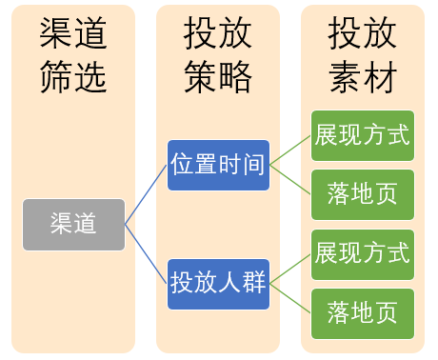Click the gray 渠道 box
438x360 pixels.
click(74, 225)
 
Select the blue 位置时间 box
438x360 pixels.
click(218, 165)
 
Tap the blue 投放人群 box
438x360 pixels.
click(218, 283)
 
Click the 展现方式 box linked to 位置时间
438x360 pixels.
click(363, 135)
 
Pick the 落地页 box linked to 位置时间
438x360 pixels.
click(363, 195)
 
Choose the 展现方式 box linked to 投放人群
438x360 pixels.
click(363, 254)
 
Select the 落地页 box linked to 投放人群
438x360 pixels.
click(363, 313)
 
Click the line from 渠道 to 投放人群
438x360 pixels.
click(147, 254)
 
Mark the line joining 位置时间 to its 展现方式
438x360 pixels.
click(290, 150)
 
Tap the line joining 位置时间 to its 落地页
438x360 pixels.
click(290, 180)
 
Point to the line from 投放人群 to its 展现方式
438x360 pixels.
click(290, 269)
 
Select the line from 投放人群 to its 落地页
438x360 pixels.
click(290, 298)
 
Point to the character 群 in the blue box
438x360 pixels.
click(253, 283)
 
